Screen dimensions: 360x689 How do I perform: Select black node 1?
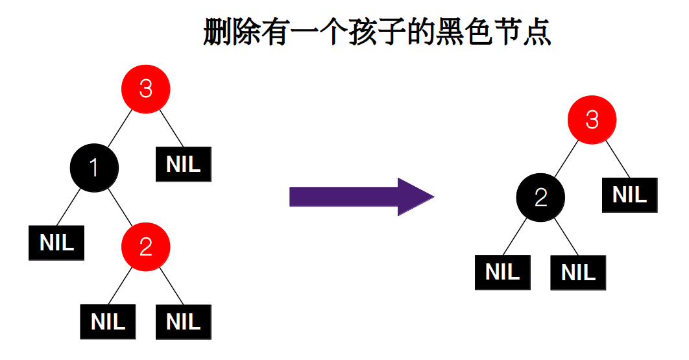(94, 168)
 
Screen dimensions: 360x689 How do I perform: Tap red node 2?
(146, 246)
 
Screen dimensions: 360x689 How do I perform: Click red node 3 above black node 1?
(146, 89)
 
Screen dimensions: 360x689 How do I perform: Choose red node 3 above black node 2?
(592, 120)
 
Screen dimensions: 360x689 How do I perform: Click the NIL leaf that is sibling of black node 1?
(184, 164)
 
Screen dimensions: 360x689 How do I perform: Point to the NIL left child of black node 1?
(56, 243)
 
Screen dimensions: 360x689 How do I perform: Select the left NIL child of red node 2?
(108, 321)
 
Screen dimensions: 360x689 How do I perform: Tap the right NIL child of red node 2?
(184, 321)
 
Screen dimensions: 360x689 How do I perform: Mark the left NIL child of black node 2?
(502, 272)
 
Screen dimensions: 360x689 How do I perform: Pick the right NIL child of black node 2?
(578, 272)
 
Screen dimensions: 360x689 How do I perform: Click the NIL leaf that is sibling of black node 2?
(629, 195)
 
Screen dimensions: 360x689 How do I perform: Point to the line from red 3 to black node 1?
(119, 128)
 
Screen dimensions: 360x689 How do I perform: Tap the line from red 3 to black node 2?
(566, 159)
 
